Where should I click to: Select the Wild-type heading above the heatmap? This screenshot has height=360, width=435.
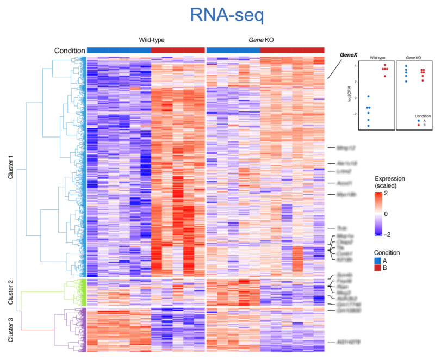coord(151,40)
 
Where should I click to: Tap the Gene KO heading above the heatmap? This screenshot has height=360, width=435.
coord(266,40)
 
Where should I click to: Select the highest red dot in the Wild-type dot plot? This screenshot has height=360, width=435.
coord(384,65)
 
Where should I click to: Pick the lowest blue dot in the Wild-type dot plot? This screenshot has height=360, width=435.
coord(368,126)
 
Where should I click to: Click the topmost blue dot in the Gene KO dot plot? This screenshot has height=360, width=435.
coord(406,66)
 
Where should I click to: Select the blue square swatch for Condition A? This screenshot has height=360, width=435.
coord(378,261)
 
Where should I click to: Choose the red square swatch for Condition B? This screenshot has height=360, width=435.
coord(378,269)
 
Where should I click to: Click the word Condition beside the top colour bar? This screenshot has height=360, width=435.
coord(69,51)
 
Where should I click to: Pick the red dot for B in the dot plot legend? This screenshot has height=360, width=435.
coord(419,125)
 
